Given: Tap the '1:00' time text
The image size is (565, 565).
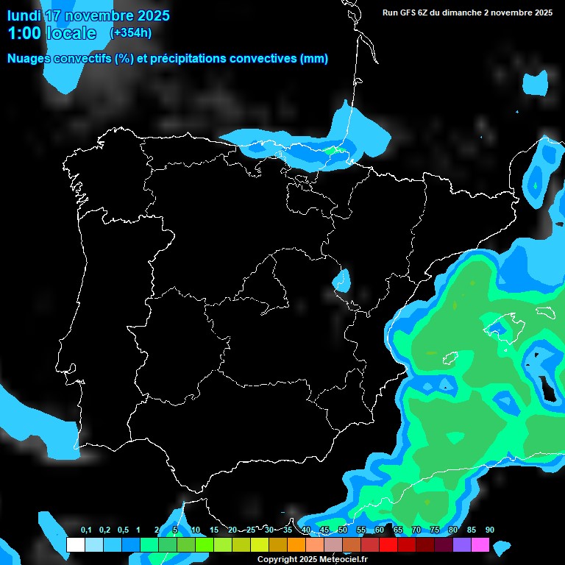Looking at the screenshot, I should pyautogui.click(x=24, y=34).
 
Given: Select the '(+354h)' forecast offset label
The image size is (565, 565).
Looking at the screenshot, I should pyautogui.click(x=130, y=33).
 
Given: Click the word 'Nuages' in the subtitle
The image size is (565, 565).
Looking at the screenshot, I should pyautogui.click(x=29, y=59).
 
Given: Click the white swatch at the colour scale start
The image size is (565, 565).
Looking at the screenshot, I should pyautogui.click(x=75, y=545).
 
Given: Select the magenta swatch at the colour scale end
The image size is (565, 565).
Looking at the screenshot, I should pyautogui.click(x=480, y=545).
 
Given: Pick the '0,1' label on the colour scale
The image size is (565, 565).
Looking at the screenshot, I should pyautogui.click(x=86, y=530).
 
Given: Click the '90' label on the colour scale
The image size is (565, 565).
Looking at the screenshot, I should pyautogui.click(x=490, y=530).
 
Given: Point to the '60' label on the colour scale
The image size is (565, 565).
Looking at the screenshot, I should pyautogui.click(x=380, y=530).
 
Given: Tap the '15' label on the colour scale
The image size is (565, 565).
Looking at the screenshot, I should pyautogui.click(x=214, y=530).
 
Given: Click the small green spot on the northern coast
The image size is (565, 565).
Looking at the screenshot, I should pyautogui.click(x=334, y=151).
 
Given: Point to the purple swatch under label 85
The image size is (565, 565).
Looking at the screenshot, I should pyautogui.click(x=462, y=545).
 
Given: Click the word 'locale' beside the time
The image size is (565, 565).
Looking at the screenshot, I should pyautogui.click(x=71, y=34).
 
